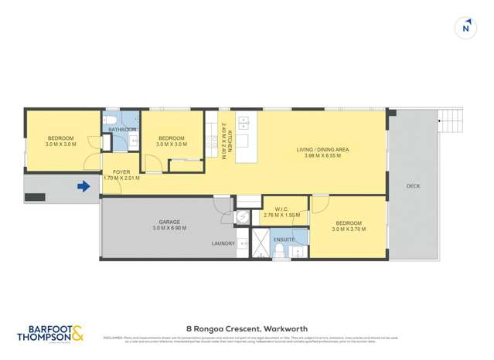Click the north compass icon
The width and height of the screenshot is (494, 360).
click(x=465, y=28)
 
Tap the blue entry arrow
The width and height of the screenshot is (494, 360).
click(x=83, y=185)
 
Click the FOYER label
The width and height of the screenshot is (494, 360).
click(x=121, y=172)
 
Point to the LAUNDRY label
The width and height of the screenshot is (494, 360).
click(x=223, y=243)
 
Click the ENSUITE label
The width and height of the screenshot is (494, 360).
click(x=284, y=239)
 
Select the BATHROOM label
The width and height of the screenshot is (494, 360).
click(x=122, y=130)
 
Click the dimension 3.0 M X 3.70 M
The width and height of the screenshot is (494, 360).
click(x=346, y=229)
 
